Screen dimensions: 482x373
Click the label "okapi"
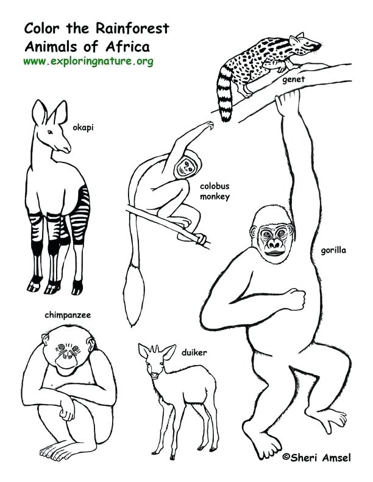83,127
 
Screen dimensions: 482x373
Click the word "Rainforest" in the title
136,29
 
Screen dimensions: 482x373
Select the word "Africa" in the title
129,46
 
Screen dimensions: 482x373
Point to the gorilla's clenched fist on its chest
296,301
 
